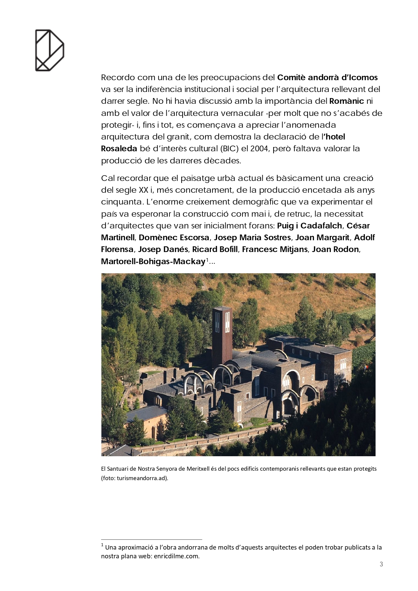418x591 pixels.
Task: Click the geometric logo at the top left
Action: (50, 50)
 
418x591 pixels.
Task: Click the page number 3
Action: (381, 564)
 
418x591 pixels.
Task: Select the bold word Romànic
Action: (347, 101)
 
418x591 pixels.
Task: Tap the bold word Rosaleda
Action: (119, 149)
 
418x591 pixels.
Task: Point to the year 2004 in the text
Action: (259, 149)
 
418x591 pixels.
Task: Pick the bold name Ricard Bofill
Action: (215, 249)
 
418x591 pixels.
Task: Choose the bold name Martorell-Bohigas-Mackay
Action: (153, 261)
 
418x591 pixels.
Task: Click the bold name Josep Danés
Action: (163, 249)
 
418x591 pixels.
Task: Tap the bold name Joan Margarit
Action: (322, 238)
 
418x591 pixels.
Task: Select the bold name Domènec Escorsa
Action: (174, 238)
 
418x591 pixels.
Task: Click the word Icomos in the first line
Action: (363, 77)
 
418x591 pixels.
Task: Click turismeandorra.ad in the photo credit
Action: (142, 478)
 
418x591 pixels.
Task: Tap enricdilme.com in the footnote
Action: (176, 556)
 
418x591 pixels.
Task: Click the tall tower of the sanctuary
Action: (222, 332)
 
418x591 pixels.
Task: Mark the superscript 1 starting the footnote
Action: (102, 545)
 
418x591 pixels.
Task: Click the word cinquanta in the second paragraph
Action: (121, 202)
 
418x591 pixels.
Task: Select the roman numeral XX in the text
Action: (143, 190)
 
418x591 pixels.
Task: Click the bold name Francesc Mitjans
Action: (275, 249)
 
